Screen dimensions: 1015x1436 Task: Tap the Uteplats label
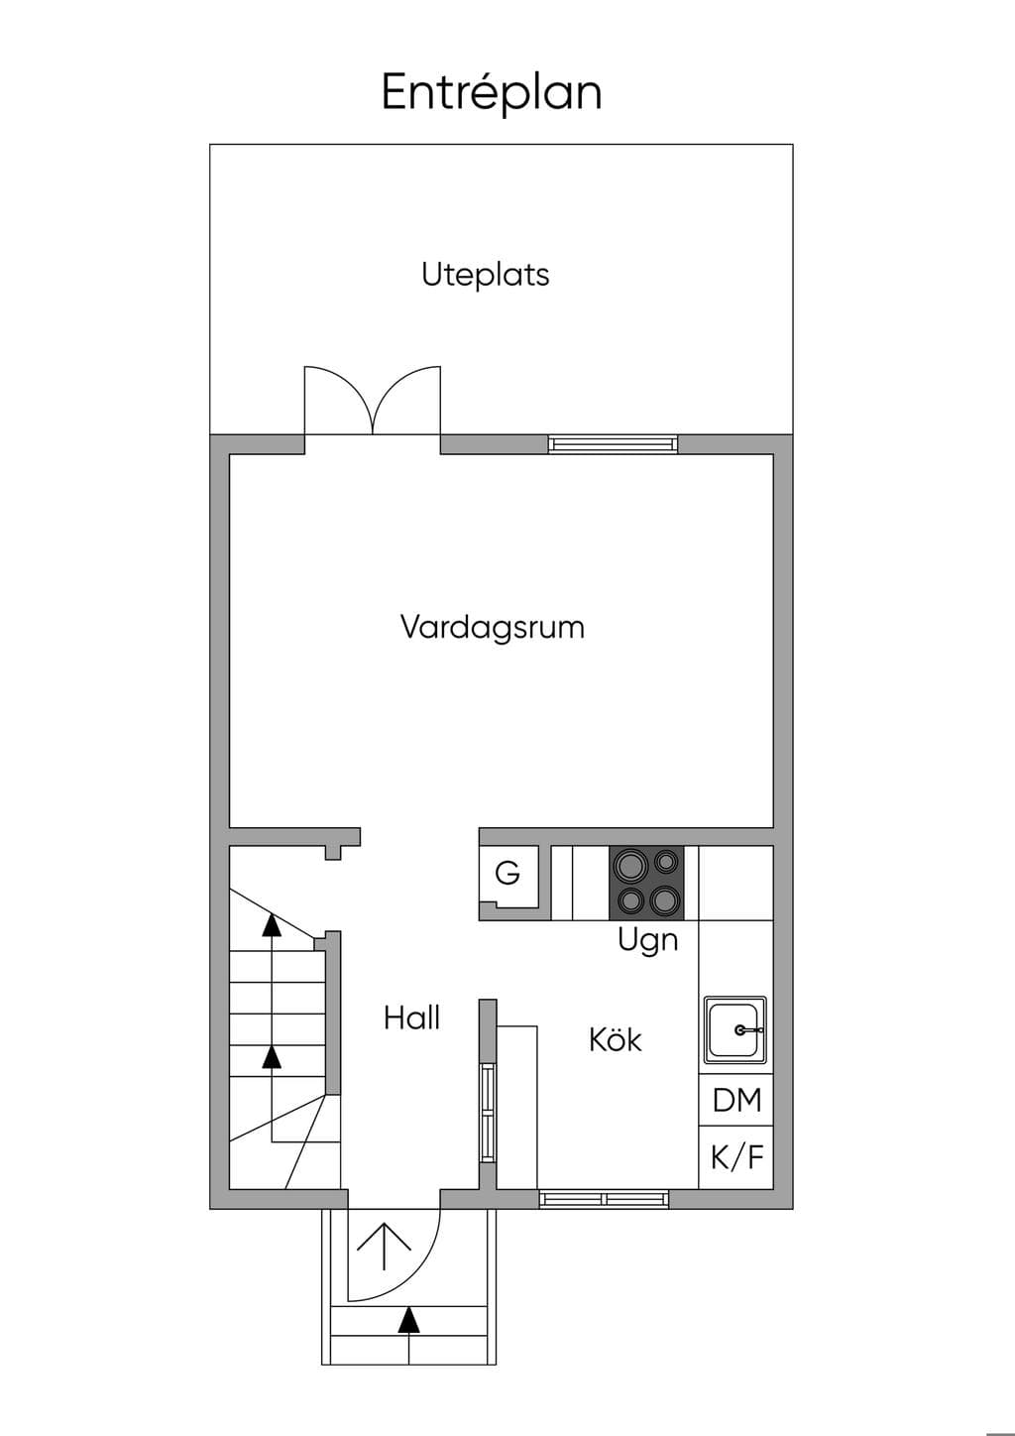click(485, 275)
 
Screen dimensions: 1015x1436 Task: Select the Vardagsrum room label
click(492, 627)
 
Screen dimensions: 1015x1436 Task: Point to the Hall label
click(411, 1018)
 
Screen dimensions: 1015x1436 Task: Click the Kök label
click(616, 1039)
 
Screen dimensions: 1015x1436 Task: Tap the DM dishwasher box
click(735, 1100)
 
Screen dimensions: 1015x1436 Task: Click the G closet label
click(507, 873)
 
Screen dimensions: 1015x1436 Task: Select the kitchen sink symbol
click(734, 1030)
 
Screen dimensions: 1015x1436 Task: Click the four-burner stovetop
click(646, 884)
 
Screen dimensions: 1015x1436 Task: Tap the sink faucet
click(747, 1030)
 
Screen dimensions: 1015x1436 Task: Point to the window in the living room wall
click(613, 444)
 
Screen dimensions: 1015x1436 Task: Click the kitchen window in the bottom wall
click(604, 1199)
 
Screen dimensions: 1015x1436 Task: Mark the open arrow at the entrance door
click(384, 1247)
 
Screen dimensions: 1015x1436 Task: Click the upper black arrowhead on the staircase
click(272, 924)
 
